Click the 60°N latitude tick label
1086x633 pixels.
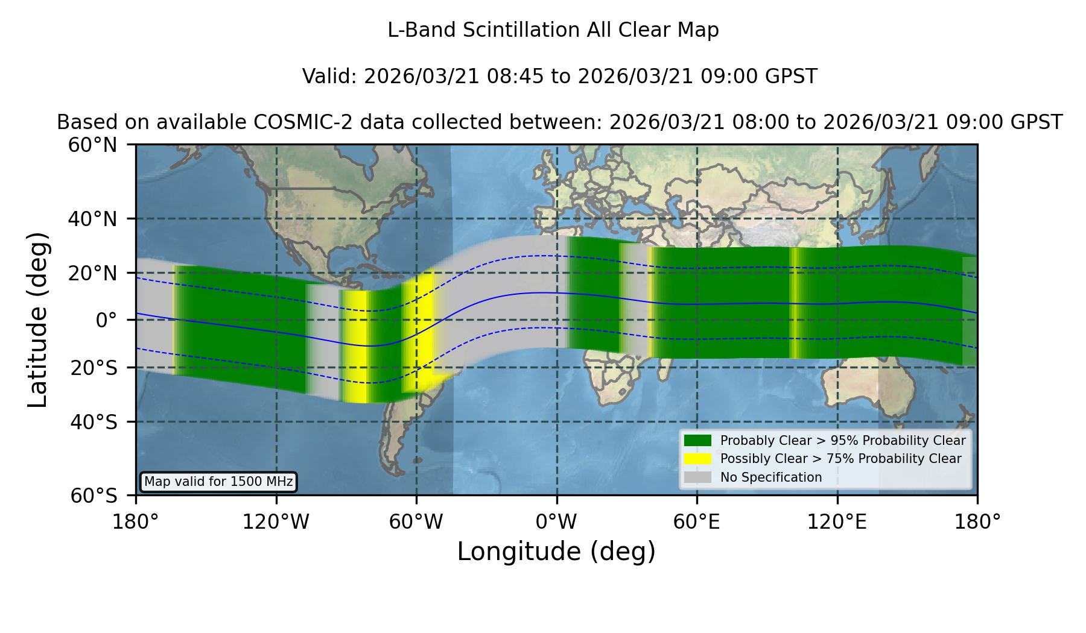[x=93, y=145]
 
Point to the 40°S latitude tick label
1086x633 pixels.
[x=94, y=422]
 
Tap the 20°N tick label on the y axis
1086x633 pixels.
[x=93, y=273]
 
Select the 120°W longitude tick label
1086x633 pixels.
[x=276, y=521]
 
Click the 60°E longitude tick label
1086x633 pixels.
[x=697, y=521]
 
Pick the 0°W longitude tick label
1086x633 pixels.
[x=556, y=521]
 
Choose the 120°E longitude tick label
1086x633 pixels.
[x=837, y=521]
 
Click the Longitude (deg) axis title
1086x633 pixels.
[x=556, y=552]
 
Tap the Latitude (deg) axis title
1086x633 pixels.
[x=38, y=320]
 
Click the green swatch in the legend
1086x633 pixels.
[x=698, y=440]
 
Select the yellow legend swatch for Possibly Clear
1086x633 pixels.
[x=698, y=459]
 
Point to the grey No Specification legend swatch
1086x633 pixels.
[x=698, y=477]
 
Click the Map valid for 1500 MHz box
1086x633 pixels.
[x=218, y=482]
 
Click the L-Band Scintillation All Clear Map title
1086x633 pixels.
[x=553, y=30]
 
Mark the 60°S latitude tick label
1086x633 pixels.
[x=94, y=496]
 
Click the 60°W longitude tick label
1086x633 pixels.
[x=416, y=521]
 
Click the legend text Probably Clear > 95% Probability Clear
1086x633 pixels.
[x=843, y=441]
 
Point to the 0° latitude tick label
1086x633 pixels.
[x=107, y=320]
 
